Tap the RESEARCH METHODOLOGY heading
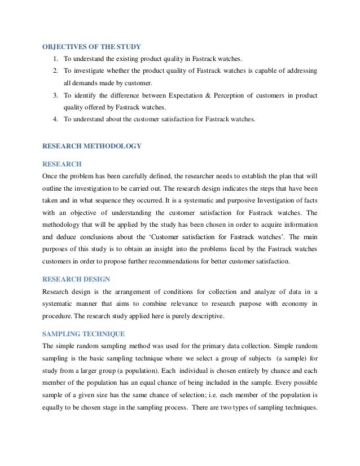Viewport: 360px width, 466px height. click(x=92, y=146)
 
